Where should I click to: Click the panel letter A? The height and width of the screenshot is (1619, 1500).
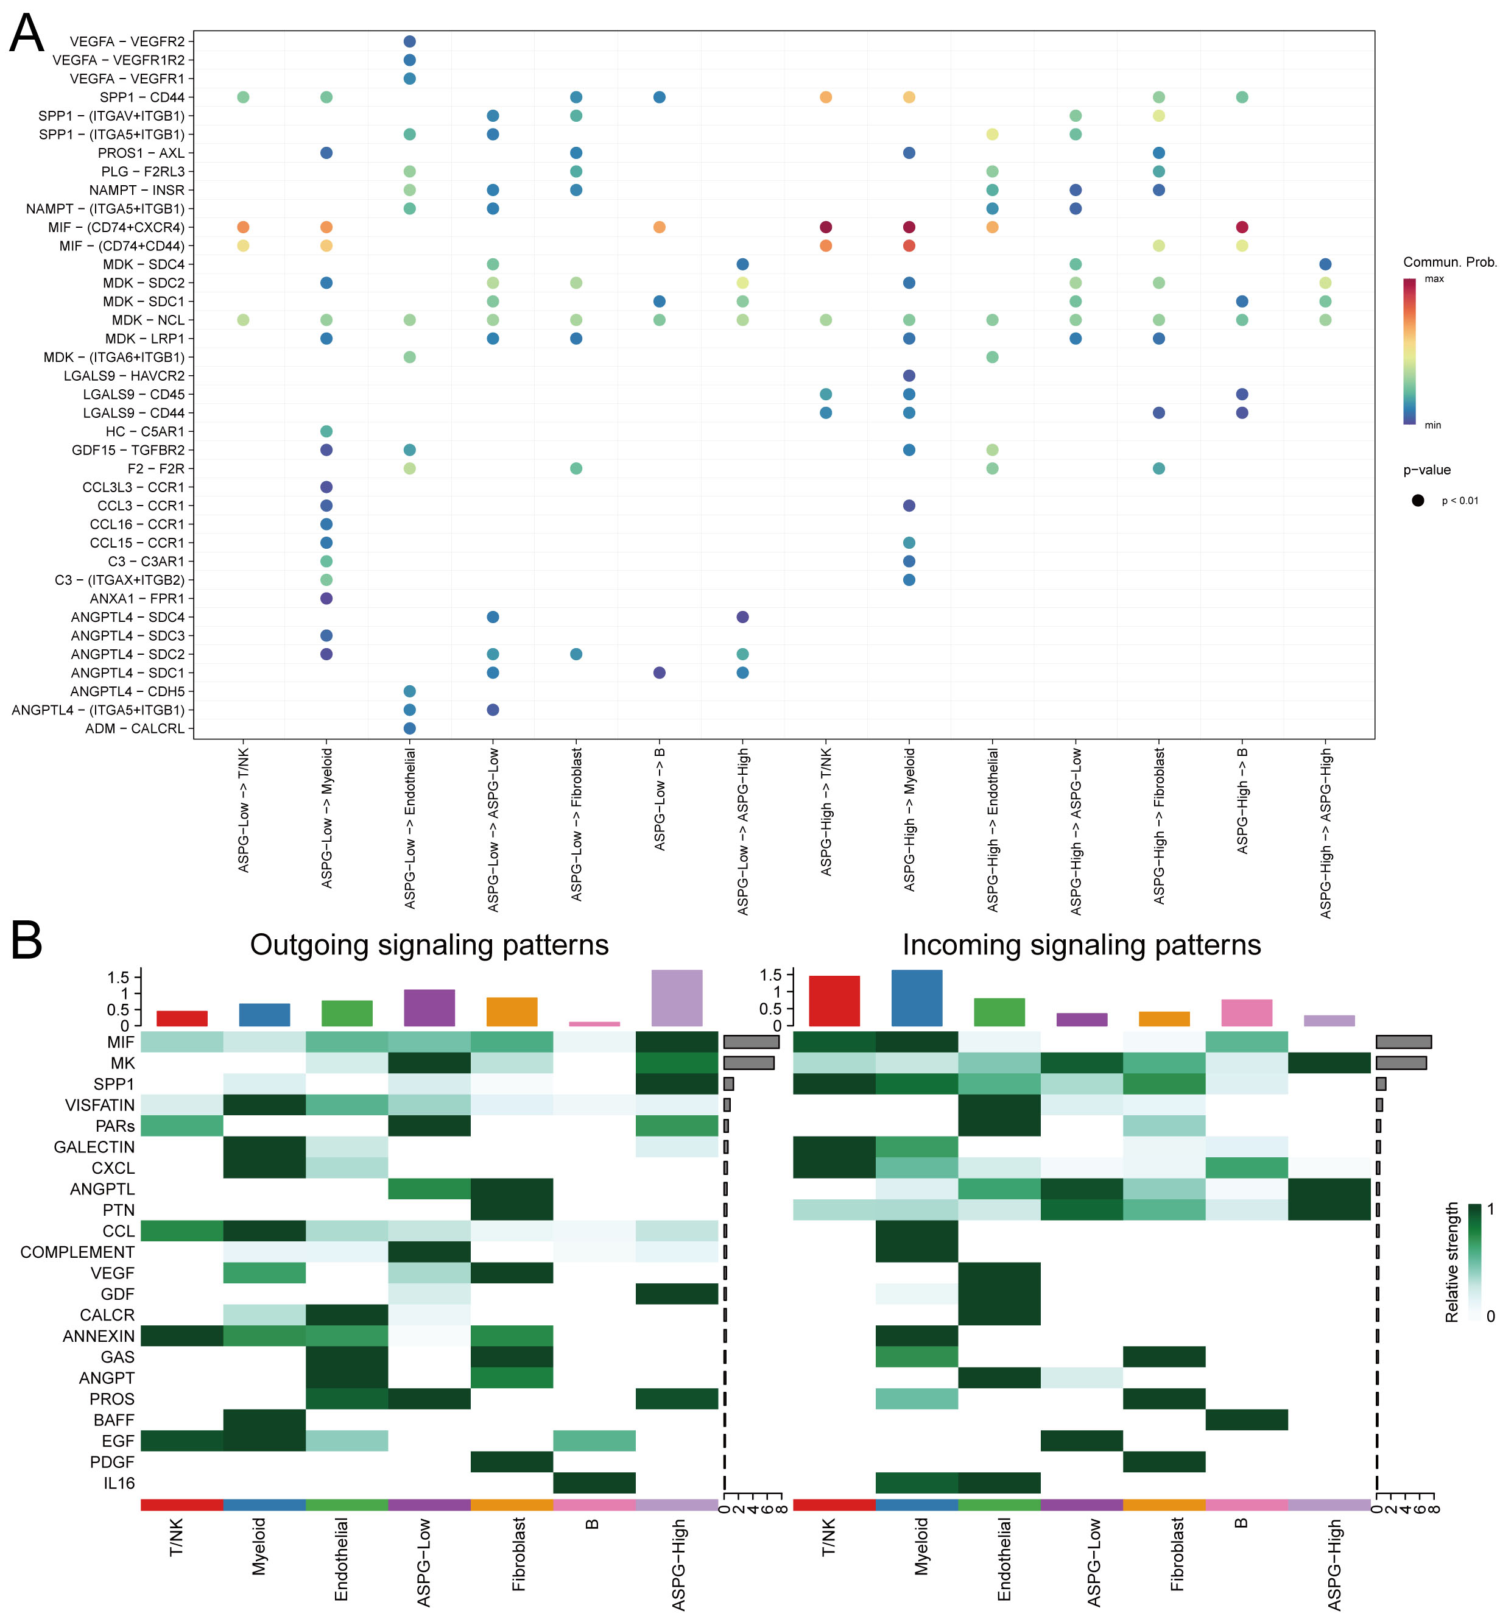[x=26, y=34]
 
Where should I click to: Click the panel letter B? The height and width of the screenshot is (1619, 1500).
[x=26, y=940]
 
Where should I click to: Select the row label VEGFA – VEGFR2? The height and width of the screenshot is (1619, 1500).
[x=127, y=41]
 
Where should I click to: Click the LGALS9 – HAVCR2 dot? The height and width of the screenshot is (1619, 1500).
[x=909, y=376]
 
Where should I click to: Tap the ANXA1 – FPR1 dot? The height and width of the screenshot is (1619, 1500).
[x=326, y=598]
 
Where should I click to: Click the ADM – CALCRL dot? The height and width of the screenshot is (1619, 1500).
[x=410, y=728]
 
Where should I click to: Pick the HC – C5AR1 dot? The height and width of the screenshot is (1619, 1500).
[x=326, y=431]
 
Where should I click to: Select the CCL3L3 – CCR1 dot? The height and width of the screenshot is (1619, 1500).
[x=326, y=487]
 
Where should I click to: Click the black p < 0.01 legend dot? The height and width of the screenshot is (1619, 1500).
[x=1418, y=500]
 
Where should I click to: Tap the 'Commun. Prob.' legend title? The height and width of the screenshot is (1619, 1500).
[x=1449, y=263]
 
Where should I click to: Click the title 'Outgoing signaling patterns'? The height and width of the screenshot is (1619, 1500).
[x=429, y=945]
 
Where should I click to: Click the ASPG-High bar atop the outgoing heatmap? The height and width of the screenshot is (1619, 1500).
[x=677, y=998]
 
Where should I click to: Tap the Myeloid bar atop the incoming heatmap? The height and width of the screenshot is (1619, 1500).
[x=917, y=998]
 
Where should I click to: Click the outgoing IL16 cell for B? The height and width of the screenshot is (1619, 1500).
[x=594, y=1483]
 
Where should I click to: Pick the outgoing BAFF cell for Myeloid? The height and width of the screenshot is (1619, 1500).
[x=264, y=1420]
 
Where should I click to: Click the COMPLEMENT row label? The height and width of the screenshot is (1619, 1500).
[x=77, y=1252]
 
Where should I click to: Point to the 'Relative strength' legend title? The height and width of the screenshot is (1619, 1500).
[x=1452, y=1263]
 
